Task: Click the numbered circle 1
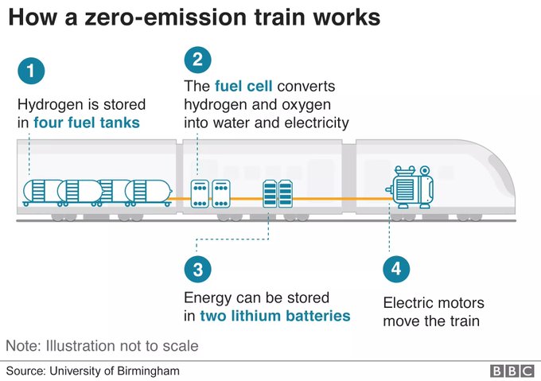pyautogui.click(x=31, y=71)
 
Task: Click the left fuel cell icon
pyautogui.click(x=200, y=193)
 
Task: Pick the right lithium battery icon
pyautogui.click(x=284, y=193)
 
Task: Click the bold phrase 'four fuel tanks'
pyautogui.click(x=87, y=122)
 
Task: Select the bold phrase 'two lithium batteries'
pyautogui.click(x=276, y=316)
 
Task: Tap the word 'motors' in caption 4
pyautogui.click(x=459, y=303)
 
